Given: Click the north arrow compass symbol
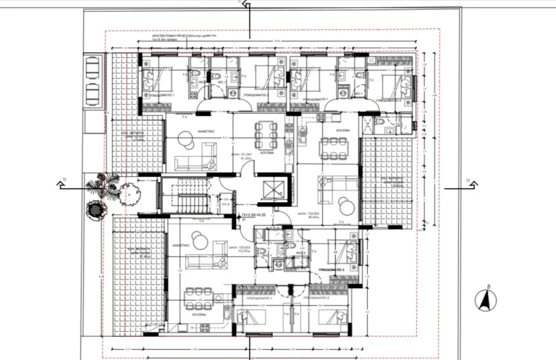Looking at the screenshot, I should click(x=486, y=299).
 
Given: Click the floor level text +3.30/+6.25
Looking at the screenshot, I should click(x=255, y=215).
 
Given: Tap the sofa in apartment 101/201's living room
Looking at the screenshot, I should click(x=195, y=158).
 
